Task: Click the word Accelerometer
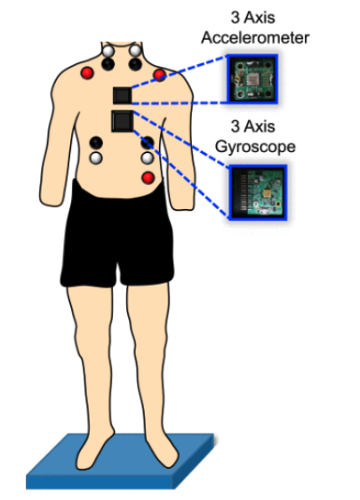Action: (x=255, y=37)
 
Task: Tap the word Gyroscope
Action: (x=255, y=147)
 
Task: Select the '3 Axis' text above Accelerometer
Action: (x=252, y=17)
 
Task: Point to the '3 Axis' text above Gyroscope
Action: (x=252, y=126)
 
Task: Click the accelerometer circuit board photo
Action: (x=252, y=79)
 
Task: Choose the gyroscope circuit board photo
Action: (x=258, y=192)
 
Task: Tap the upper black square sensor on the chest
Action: (x=122, y=95)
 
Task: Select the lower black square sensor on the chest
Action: (x=123, y=121)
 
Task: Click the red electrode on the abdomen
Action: (x=148, y=178)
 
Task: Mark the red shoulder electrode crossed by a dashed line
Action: (x=160, y=76)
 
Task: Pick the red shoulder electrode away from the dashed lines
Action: (x=87, y=73)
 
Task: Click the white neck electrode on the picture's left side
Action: (x=108, y=51)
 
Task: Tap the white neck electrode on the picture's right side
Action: (x=135, y=51)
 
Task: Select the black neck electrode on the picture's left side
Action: (x=108, y=64)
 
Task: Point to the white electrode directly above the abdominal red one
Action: (x=148, y=158)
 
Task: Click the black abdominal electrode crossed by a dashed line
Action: (x=148, y=142)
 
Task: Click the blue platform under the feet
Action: (x=120, y=469)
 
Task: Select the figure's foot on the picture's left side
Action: (x=95, y=451)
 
